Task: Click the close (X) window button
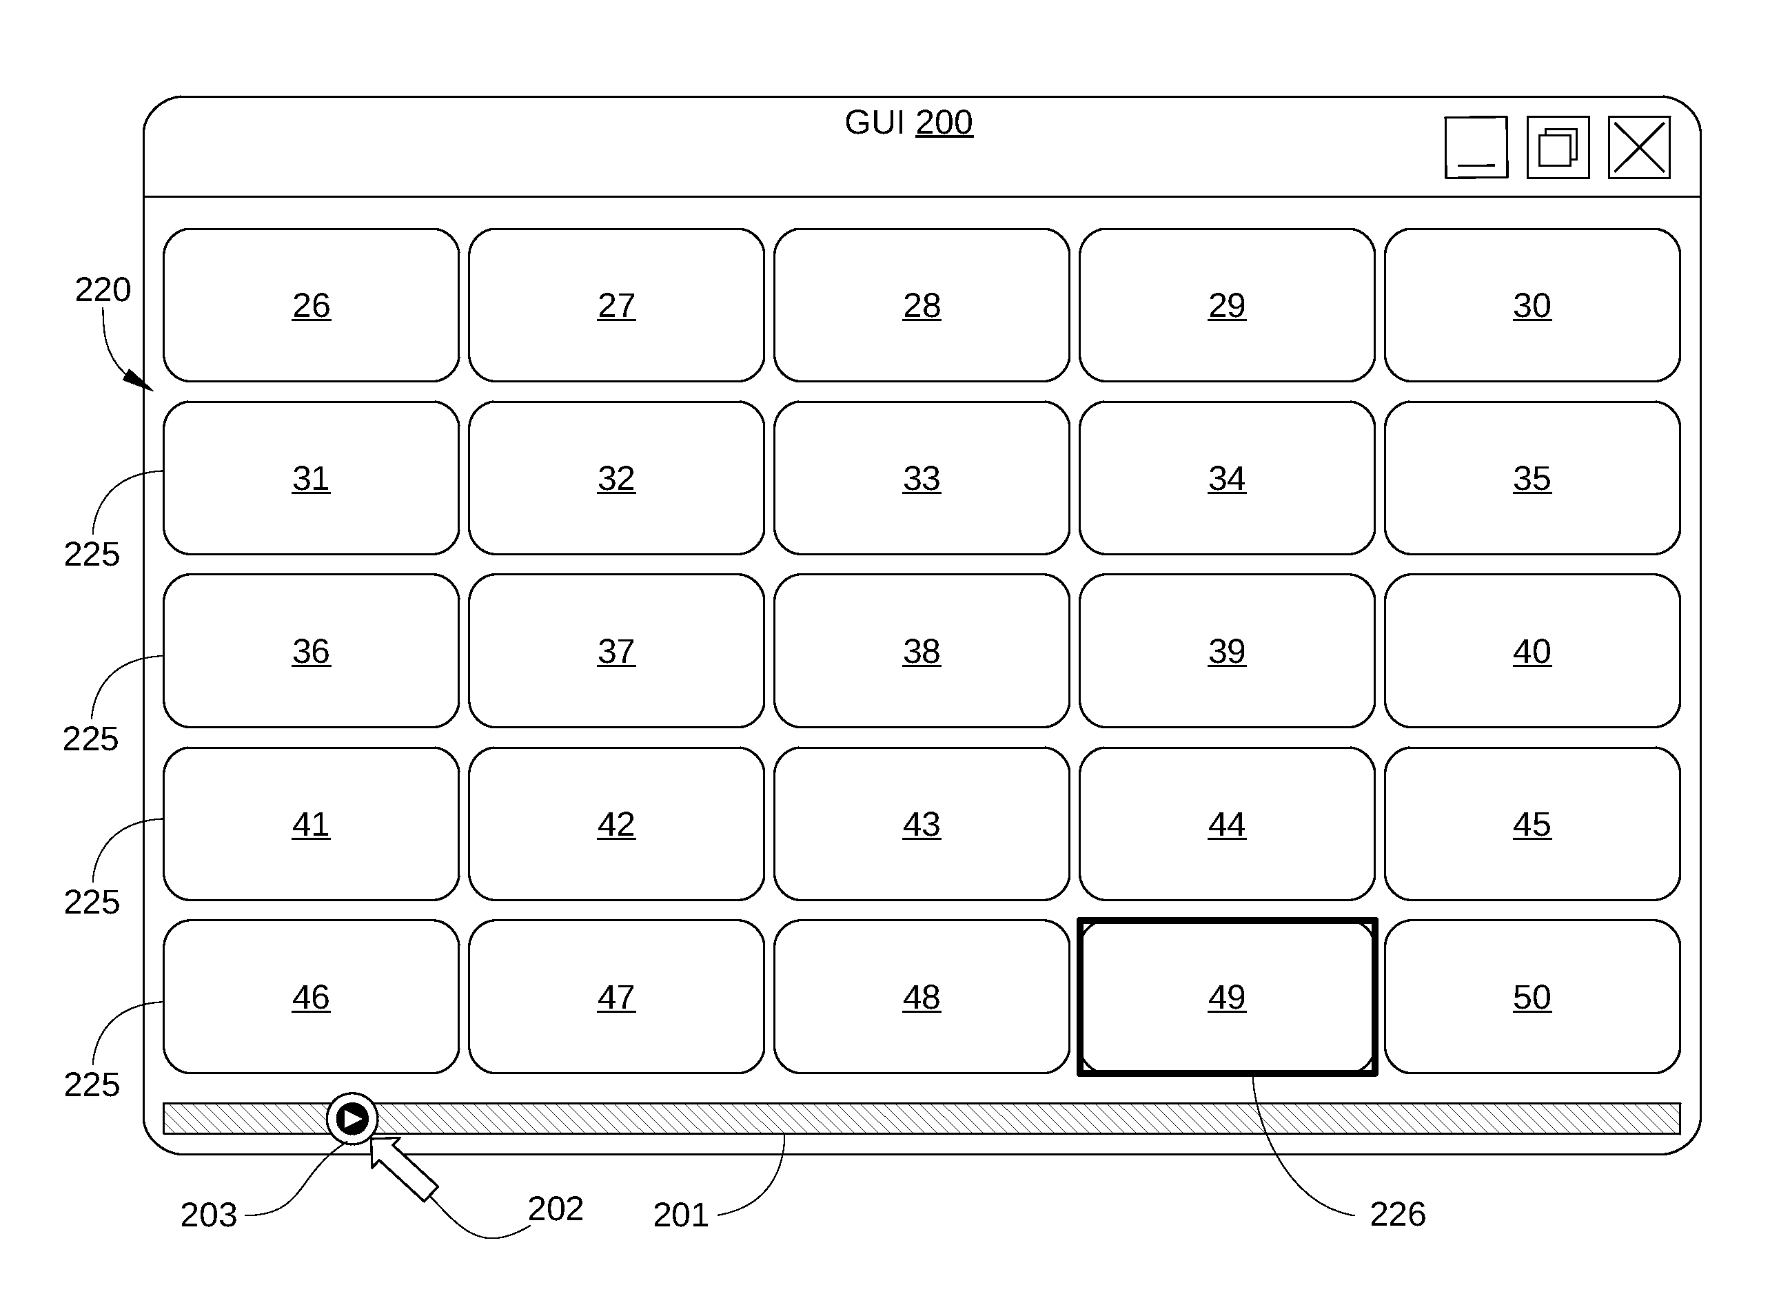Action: (1640, 148)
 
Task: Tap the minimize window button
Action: (1476, 148)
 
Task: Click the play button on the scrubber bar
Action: (352, 1119)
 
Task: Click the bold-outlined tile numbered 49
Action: (1228, 997)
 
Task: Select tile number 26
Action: (311, 305)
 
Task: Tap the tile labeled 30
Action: (1532, 305)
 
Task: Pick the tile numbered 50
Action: (1532, 997)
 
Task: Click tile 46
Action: (311, 997)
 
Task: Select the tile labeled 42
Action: (616, 823)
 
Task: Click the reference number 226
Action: (1398, 1215)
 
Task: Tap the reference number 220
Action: (103, 289)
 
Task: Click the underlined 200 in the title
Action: (944, 123)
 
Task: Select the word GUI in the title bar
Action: (875, 123)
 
